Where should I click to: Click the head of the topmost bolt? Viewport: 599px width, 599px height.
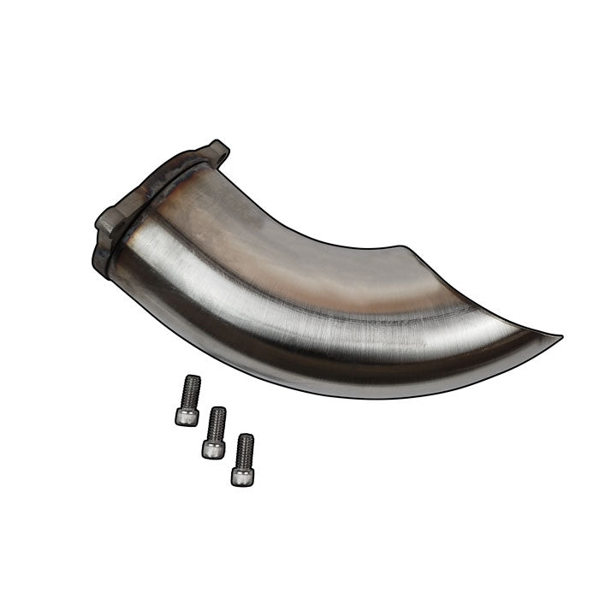[187, 416]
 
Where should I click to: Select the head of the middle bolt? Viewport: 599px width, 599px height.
[213, 447]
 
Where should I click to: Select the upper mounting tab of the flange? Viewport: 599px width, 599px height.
[216, 154]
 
